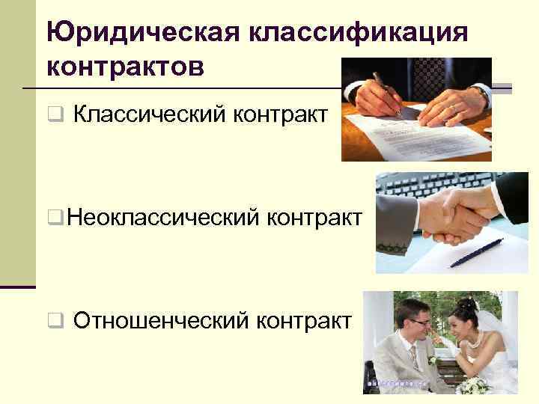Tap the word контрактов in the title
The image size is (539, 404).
[x=124, y=67]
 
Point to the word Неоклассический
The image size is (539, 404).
[x=161, y=218]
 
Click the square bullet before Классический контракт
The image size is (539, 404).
[x=54, y=116]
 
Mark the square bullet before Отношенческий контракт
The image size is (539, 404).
[x=54, y=322]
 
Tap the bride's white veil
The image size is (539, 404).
[x=490, y=329]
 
